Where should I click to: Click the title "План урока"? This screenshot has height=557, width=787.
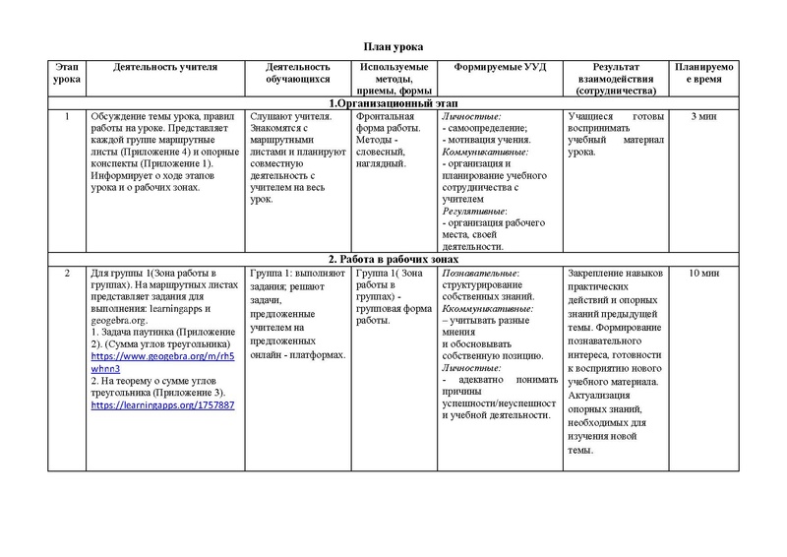[x=393, y=47]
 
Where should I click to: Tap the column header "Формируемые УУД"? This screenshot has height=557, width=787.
[x=502, y=67]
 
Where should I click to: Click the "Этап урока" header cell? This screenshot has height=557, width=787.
[x=66, y=73]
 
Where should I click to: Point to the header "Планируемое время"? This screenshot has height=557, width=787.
[x=702, y=73]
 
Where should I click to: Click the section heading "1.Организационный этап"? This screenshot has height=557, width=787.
[x=392, y=103]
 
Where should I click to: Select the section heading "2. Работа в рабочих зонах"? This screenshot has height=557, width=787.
[x=392, y=258]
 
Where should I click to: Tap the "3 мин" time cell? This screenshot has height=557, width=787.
[x=702, y=117]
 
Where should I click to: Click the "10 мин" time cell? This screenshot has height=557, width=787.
[x=702, y=272]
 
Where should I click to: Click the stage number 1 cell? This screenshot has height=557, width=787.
[x=66, y=117]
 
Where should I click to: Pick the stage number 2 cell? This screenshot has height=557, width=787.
[x=66, y=272]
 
